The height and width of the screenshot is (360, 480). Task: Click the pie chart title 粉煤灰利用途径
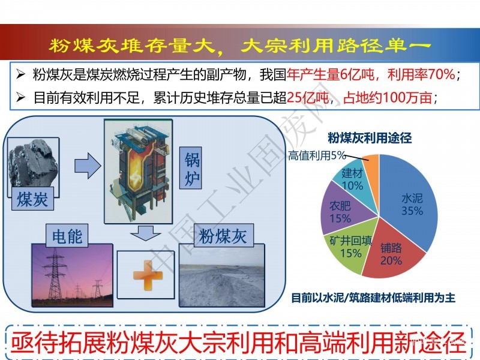[370, 138]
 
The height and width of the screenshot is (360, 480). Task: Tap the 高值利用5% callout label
[317, 155]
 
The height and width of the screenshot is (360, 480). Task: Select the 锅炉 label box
[190, 168]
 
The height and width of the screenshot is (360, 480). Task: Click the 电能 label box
[67, 236]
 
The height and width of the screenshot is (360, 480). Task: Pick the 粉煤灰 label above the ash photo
[223, 235]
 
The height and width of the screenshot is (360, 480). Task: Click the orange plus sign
[148, 275]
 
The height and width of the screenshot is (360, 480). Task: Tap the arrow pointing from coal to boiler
[88, 166]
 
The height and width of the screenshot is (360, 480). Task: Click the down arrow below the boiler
[146, 233]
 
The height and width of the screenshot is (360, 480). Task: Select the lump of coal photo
[33, 163]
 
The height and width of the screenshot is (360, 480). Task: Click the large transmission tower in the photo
[55, 274]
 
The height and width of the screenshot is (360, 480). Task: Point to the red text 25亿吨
[307, 98]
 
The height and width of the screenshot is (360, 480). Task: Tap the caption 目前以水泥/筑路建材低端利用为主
[373, 298]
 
